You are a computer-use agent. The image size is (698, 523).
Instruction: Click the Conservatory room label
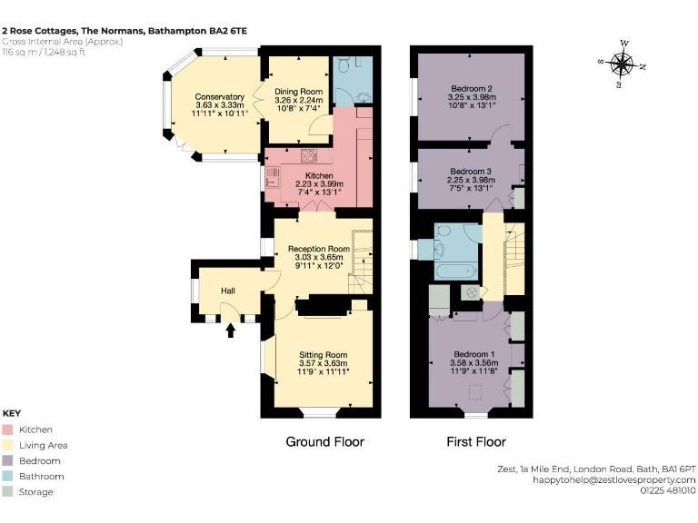219,96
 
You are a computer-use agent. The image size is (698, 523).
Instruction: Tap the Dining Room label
299,92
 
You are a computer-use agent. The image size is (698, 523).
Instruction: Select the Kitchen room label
319,175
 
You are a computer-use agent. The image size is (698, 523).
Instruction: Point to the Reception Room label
318,248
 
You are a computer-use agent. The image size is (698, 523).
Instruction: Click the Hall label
229,291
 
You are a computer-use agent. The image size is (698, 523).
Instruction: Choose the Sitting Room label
324,355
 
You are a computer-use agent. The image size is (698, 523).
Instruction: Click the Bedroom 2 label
471,88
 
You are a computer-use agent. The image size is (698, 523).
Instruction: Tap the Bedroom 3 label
471,171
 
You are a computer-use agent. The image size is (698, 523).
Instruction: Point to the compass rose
623,64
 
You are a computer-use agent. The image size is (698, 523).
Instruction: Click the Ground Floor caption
324,442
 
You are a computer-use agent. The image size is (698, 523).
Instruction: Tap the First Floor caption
475,442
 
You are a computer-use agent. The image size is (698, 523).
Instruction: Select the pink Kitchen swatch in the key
8,429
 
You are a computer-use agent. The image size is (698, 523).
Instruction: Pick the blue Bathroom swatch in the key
8,476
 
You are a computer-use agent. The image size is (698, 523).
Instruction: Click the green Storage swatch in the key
8,491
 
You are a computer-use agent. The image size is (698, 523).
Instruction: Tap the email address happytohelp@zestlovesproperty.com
615,479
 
